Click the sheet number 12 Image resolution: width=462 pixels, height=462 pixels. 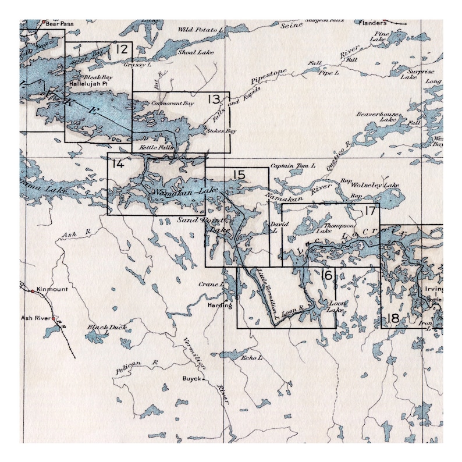point(122,49)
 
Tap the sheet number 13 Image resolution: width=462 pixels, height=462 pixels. point(214,99)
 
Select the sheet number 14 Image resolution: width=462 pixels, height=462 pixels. point(117,164)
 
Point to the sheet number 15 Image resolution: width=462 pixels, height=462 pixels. point(239,175)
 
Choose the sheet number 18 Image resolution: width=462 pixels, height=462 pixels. point(393,318)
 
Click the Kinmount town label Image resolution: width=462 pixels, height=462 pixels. point(52,289)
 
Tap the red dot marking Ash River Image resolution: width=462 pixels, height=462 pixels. point(53,319)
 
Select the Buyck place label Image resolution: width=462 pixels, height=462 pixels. point(191,379)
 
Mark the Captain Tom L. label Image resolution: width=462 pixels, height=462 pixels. point(293,166)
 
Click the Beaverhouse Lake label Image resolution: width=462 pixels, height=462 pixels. point(378,117)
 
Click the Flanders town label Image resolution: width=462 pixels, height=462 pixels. point(373,23)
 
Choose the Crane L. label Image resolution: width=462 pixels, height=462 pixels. point(211,285)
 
